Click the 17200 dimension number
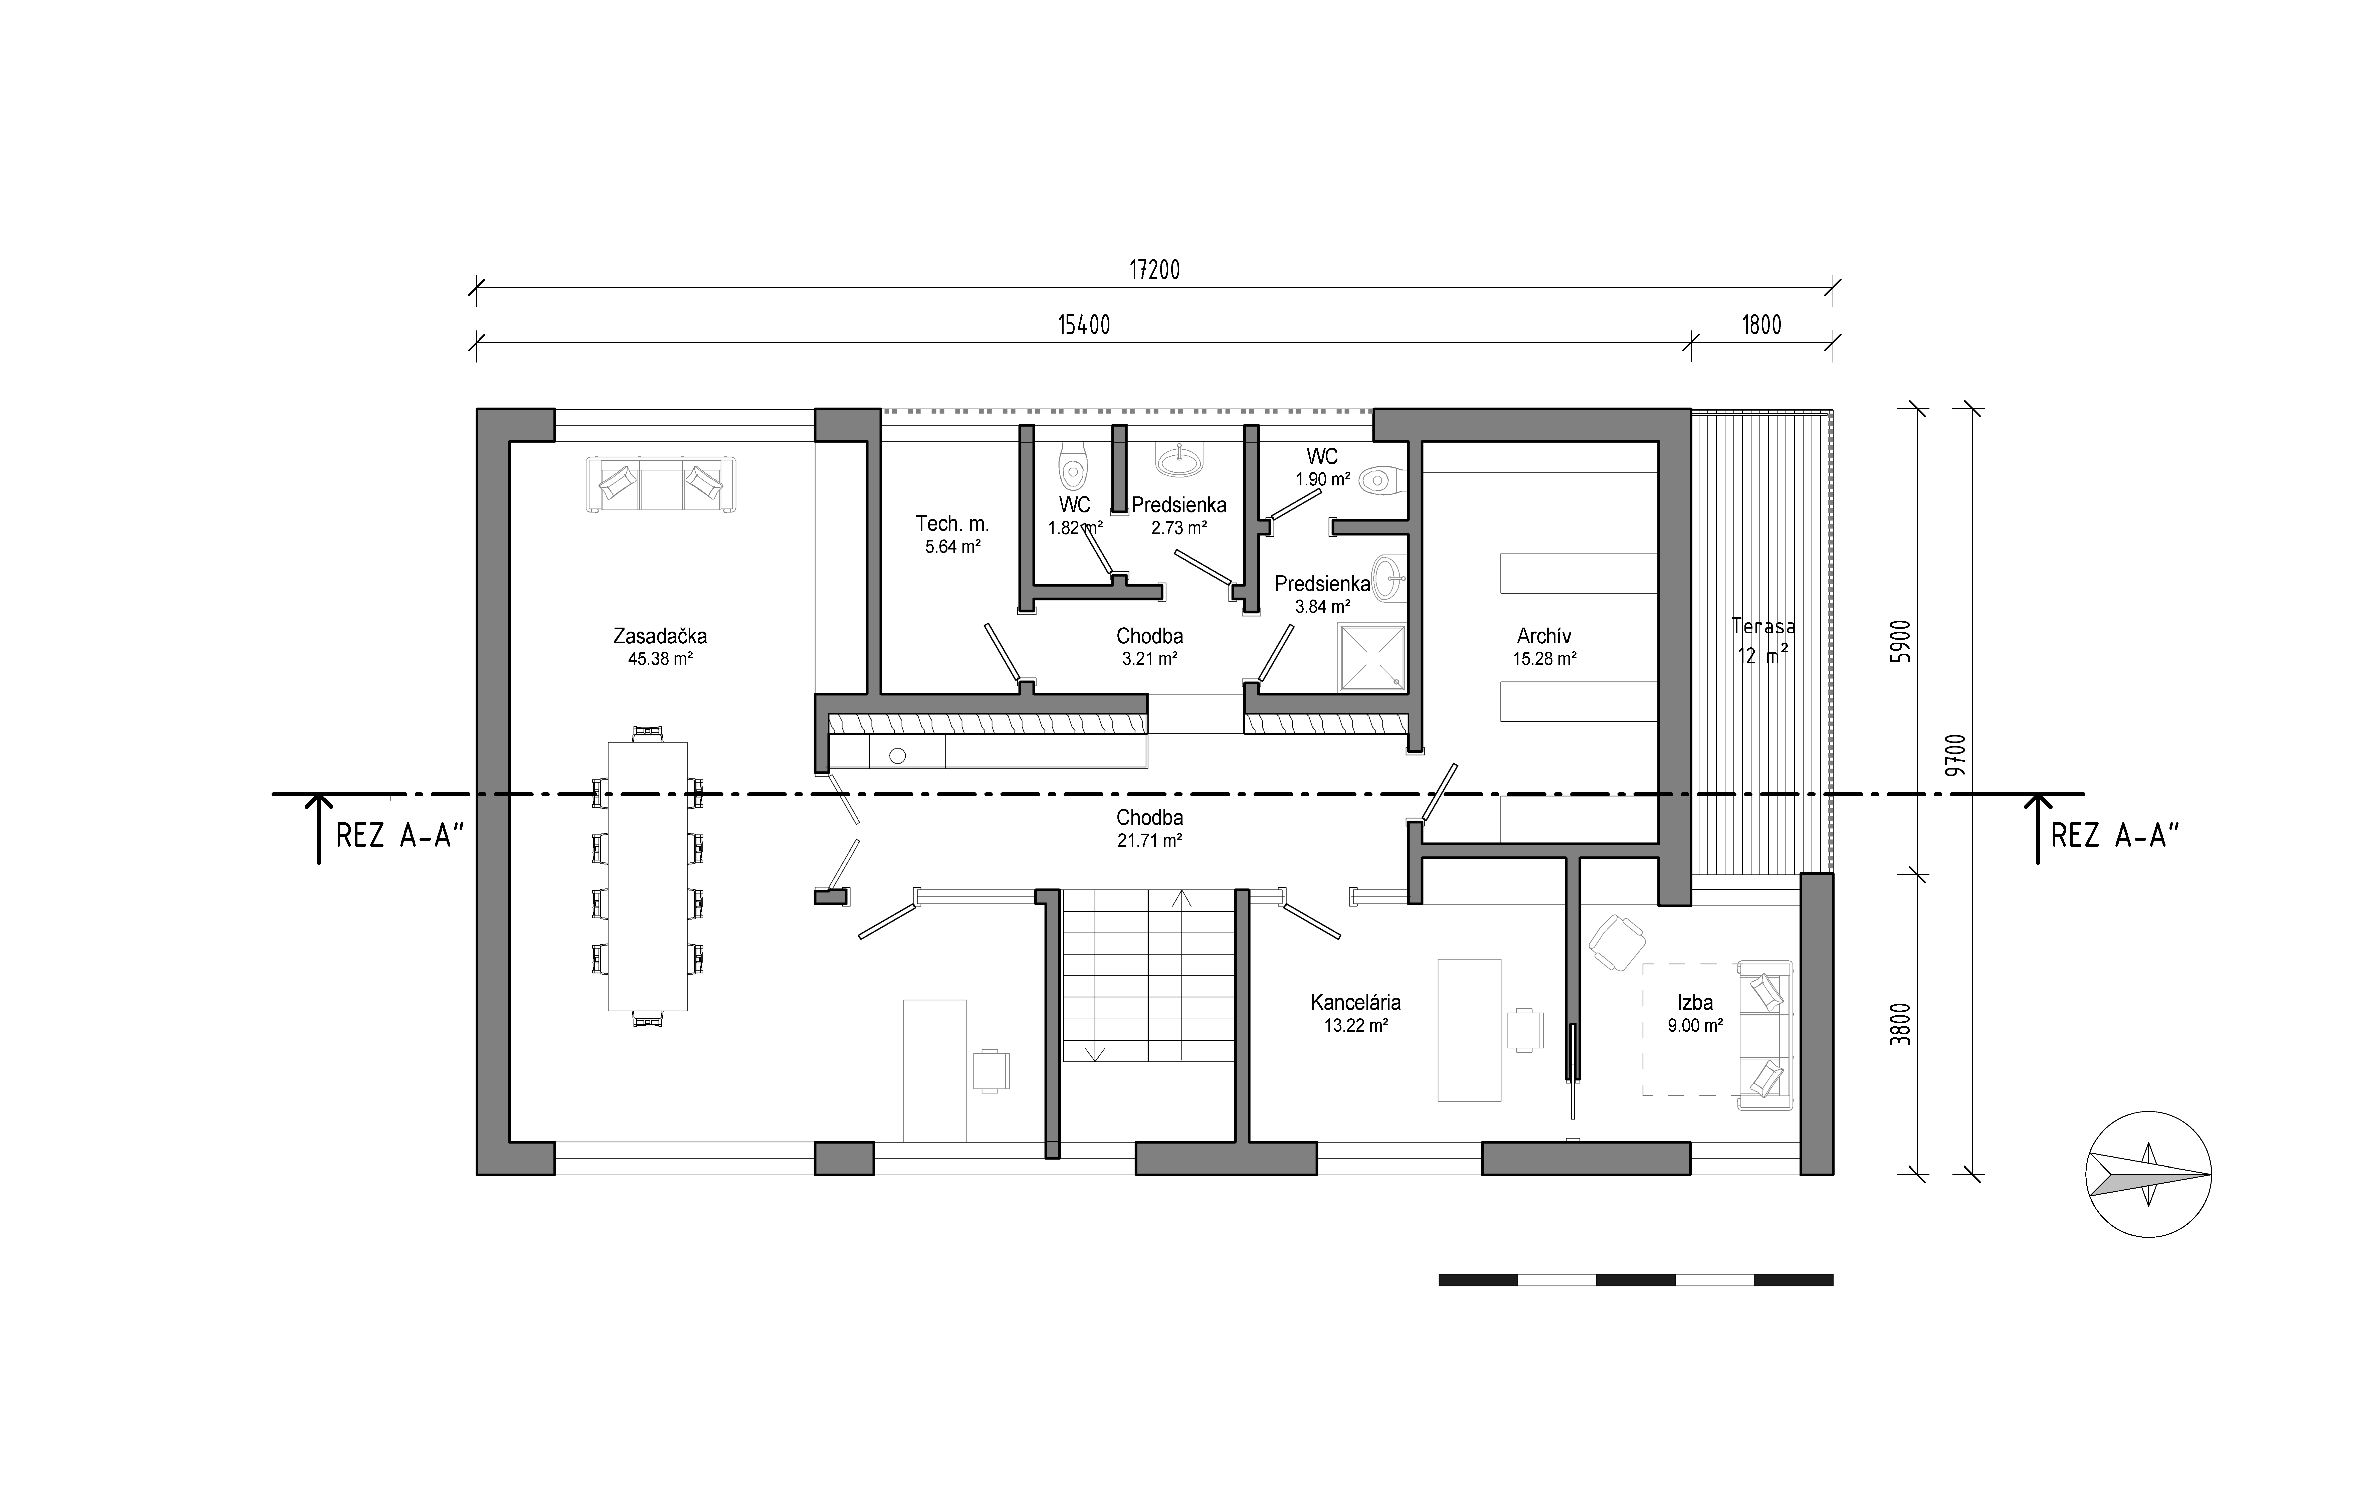pos(1154,270)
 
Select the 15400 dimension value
pos(1084,325)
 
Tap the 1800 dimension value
pos(1762,325)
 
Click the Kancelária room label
pos(1356,1002)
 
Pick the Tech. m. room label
pos(952,523)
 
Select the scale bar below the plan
pos(1635,1280)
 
